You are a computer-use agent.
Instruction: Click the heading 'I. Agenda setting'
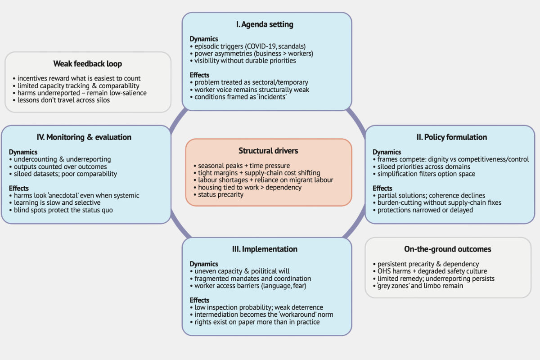[265, 24]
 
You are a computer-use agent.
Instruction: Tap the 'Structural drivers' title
[268, 151]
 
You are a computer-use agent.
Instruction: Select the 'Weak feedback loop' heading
[87, 63]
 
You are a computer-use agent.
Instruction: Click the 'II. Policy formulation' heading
[451, 137]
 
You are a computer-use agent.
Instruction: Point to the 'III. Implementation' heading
[265, 249]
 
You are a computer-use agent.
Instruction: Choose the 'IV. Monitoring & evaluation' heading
[84, 137]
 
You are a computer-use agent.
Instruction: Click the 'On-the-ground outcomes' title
[447, 249]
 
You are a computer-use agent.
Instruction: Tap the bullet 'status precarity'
[220, 194]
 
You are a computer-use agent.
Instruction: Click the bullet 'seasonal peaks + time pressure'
[244, 166]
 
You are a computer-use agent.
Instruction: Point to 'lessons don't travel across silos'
[63, 100]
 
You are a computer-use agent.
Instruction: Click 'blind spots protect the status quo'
[63, 210]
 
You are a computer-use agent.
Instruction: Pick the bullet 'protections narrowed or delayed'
[425, 210]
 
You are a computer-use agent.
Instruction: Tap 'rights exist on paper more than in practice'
[257, 322]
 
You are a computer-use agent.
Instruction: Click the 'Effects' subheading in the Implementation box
[199, 300]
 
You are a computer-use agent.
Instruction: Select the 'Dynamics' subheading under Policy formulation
[387, 152]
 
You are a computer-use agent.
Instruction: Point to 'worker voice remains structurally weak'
[252, 90]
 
